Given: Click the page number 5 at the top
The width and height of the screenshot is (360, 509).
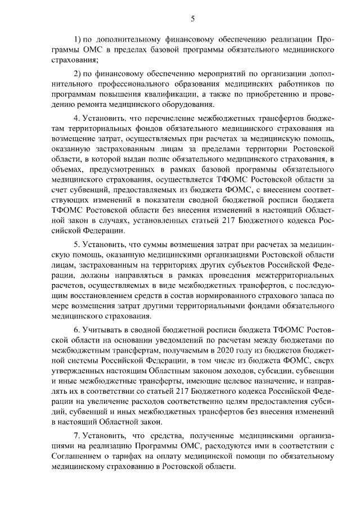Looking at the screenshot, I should pos(192,19).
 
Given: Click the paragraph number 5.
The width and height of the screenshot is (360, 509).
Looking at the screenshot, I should pos(76,245).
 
